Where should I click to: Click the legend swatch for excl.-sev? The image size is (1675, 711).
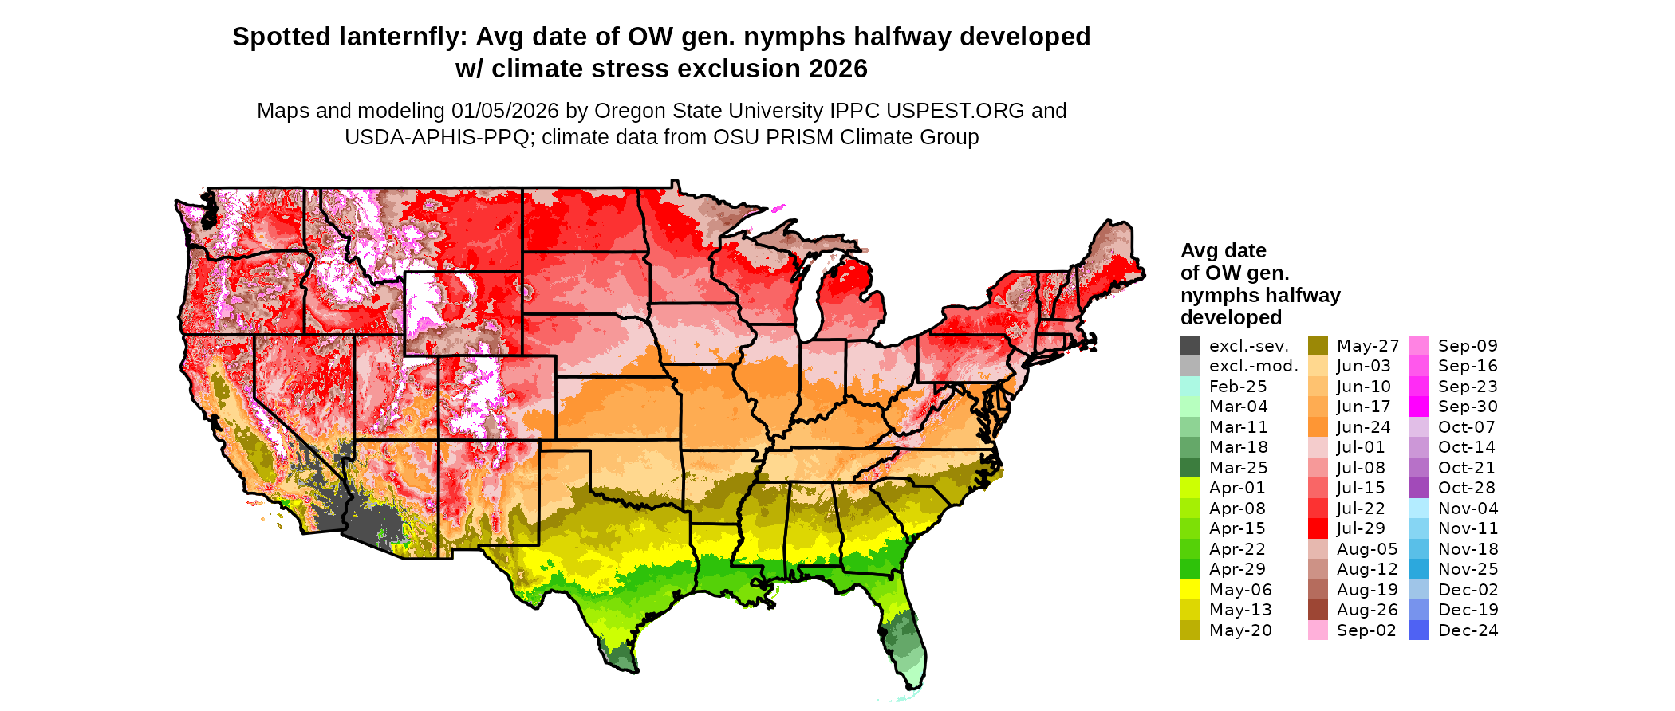pyautogui.click(x=1190, y=346)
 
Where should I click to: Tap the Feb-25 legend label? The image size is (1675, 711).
pyautogui.click(x=1238, y=387)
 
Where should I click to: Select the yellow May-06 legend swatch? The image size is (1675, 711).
pyautogui.click(x=1190, y=590)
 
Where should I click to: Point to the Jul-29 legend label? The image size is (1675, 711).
pyautogui.click(x=1361, y=528)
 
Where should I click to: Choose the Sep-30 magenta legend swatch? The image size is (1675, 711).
pyautogui.click(x=1419, y=407)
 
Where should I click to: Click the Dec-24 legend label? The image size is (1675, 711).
pyautogui.click(x=1468, y=630)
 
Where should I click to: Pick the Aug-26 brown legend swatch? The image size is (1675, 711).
pyautogui.click(x=1318, y=610)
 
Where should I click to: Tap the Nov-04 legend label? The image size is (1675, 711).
pyautogui.click(x=1468, y=509)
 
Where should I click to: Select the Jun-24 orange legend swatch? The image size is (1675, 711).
pyautogui.click(x=1318, y=427)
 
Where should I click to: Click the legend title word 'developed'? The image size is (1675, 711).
pyautogui.click(x=1231, y=317)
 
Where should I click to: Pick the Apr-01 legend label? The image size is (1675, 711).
pyautogui.click(x=1237, y=488)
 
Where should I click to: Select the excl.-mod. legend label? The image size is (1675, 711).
pyautogui.click(x=1253, y=366)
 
